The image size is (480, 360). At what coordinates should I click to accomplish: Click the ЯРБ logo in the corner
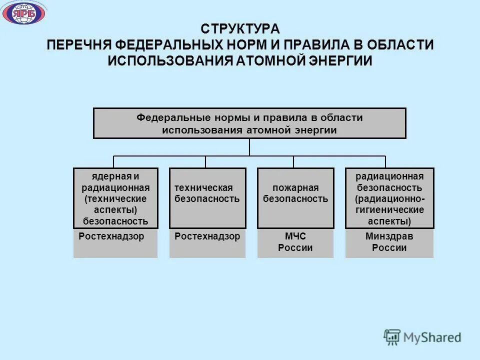coord(24,13)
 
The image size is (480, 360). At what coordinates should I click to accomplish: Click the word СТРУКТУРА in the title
coord(240,28)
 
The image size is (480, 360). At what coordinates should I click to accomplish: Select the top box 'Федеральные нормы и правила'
coord(249,123)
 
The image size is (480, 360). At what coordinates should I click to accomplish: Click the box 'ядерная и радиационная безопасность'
coord(115,198)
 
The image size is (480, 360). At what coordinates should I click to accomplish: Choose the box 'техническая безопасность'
coord(207,198)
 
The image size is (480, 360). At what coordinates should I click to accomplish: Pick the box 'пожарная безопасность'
coord(295,198)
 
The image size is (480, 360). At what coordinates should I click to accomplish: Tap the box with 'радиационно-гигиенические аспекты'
coord(389,198)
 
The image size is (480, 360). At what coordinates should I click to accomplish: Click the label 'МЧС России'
coord(295,242)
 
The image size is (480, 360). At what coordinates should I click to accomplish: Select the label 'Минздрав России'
coord(389,242)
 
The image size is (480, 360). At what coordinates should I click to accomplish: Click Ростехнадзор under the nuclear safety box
coord(111,236)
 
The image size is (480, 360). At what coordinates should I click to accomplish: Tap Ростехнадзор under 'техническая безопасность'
coord(207,236)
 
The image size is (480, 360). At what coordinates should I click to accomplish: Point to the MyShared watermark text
coord(434,337)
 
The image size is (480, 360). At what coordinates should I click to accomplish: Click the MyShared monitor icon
coord(392,337)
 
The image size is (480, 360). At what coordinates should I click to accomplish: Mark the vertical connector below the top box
coord(249,147)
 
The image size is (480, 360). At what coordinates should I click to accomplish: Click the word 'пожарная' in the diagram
coord(295,188)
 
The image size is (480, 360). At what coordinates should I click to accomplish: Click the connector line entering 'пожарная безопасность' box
coord(293,162)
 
